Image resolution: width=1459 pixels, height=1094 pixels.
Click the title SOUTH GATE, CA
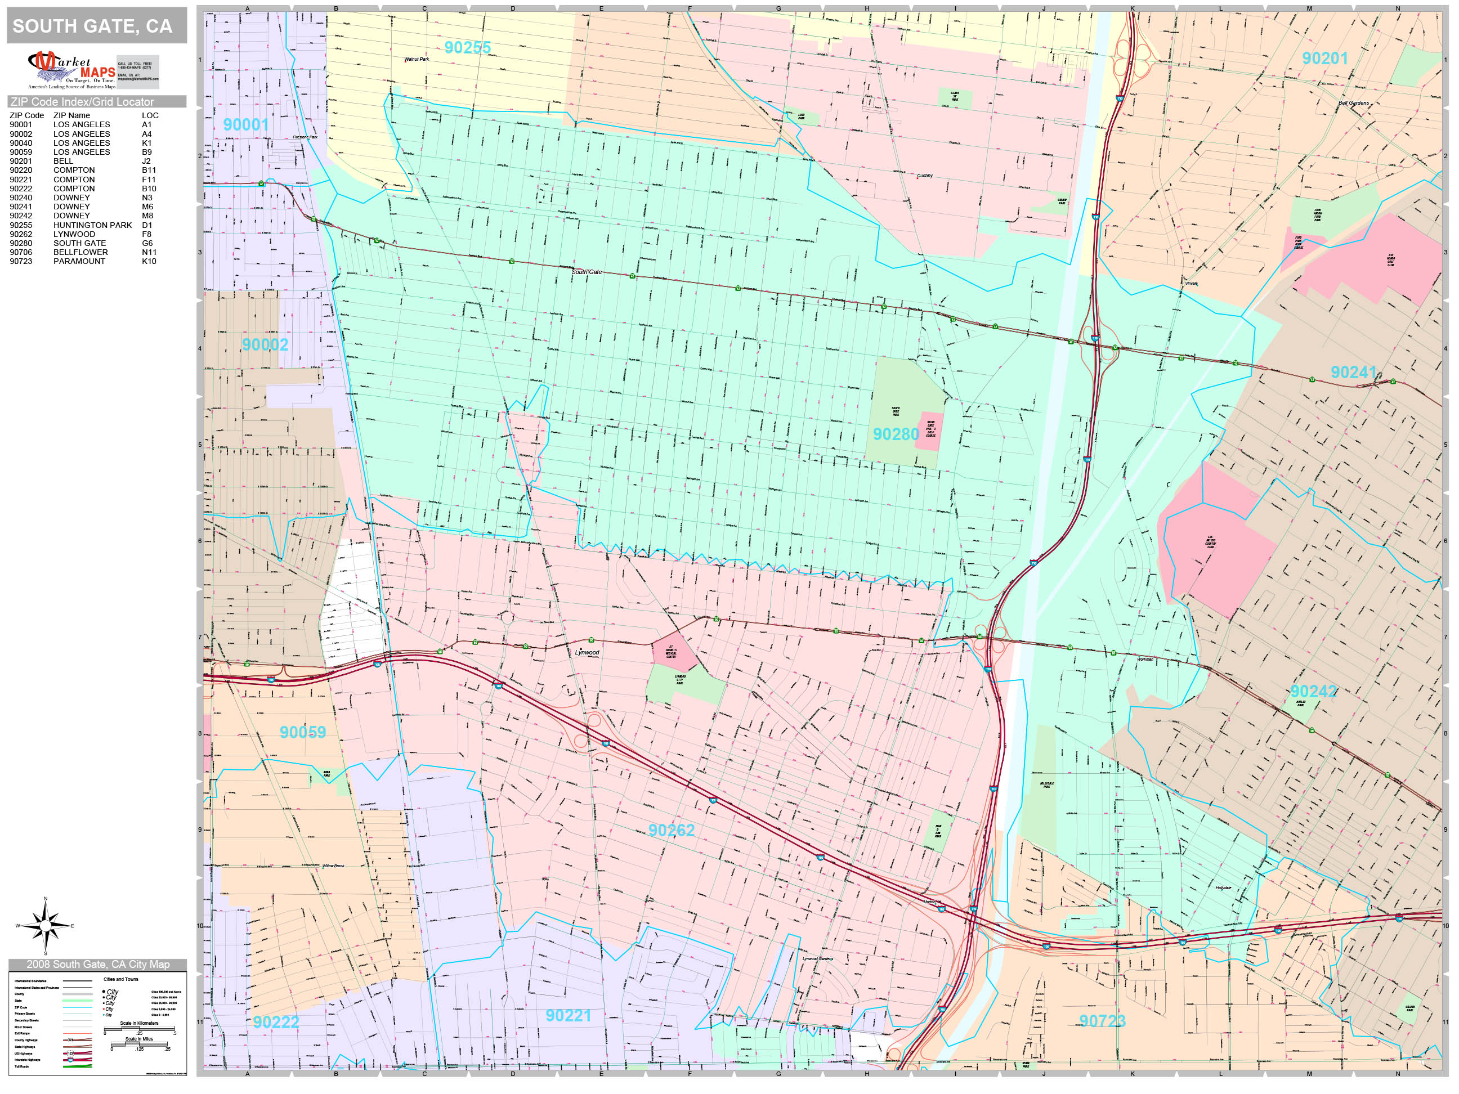(92, 26)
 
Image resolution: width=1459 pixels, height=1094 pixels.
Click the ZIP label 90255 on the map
(467, 47)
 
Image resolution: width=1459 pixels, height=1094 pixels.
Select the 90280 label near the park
(895, 434)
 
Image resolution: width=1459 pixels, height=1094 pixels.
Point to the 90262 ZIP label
(671, 830)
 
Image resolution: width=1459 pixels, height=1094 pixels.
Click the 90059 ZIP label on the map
(302, 732)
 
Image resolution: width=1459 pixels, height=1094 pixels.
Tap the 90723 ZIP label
(1102, 1021)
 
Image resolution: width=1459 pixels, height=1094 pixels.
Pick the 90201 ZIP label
(1324, 58)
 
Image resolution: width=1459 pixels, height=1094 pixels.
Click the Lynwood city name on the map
(587, 652)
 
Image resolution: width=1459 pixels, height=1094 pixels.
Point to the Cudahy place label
(925, 176)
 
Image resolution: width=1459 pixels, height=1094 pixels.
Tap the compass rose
(46, 926)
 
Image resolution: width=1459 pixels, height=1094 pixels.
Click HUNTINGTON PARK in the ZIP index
(92, 225)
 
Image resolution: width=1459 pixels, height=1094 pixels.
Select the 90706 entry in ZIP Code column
(20, 252)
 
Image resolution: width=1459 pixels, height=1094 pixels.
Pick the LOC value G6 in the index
(147, 243)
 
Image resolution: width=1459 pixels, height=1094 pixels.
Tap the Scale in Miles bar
(139, 1044)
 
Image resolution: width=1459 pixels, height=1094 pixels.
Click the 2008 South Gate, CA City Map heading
(97, 964)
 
